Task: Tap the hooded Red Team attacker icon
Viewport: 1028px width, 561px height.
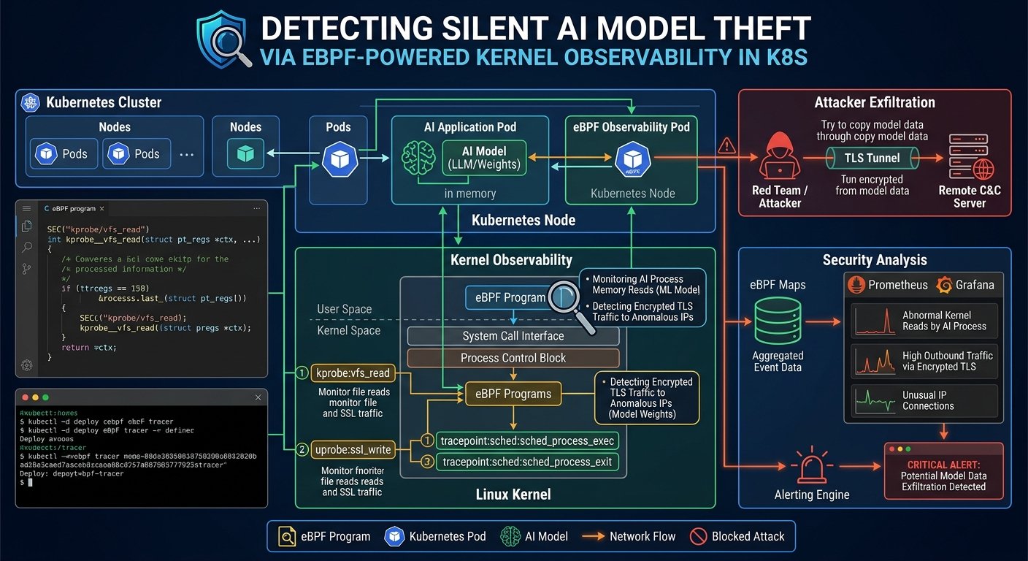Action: pos(780,157)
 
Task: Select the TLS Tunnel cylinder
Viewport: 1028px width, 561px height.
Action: pos(873,157)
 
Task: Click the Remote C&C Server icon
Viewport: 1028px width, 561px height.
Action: pos(970,157)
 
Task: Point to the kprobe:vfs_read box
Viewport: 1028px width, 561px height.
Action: pos(353,373)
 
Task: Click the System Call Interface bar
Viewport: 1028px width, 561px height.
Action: pos(513,336)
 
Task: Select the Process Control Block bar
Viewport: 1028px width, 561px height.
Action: pos(513,358)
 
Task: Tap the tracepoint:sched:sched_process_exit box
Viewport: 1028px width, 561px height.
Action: pos(527,462)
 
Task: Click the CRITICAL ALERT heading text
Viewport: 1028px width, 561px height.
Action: pos(943,465)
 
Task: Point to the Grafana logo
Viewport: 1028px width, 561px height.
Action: pos(943,285)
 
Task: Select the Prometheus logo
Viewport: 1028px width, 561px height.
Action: pos(856,285)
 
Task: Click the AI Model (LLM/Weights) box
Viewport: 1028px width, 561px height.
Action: pos(483,158)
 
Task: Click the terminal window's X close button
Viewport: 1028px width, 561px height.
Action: pos(258,398)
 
